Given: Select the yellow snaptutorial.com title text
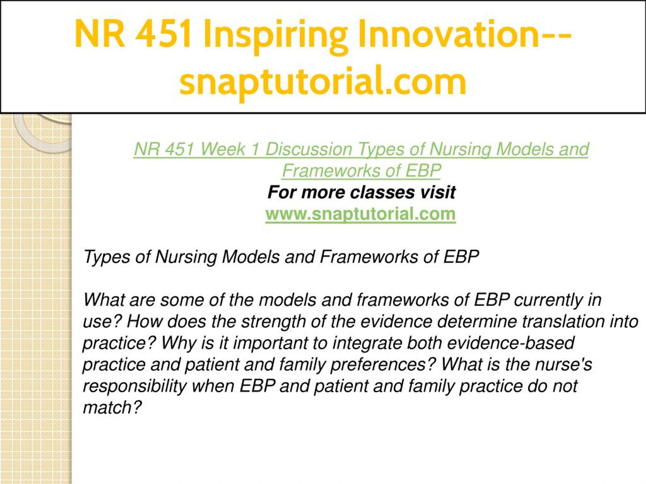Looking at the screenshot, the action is pyautogui.click(x=323, y=82).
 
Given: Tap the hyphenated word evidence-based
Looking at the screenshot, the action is pyautogui.click(x=511, y=343).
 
